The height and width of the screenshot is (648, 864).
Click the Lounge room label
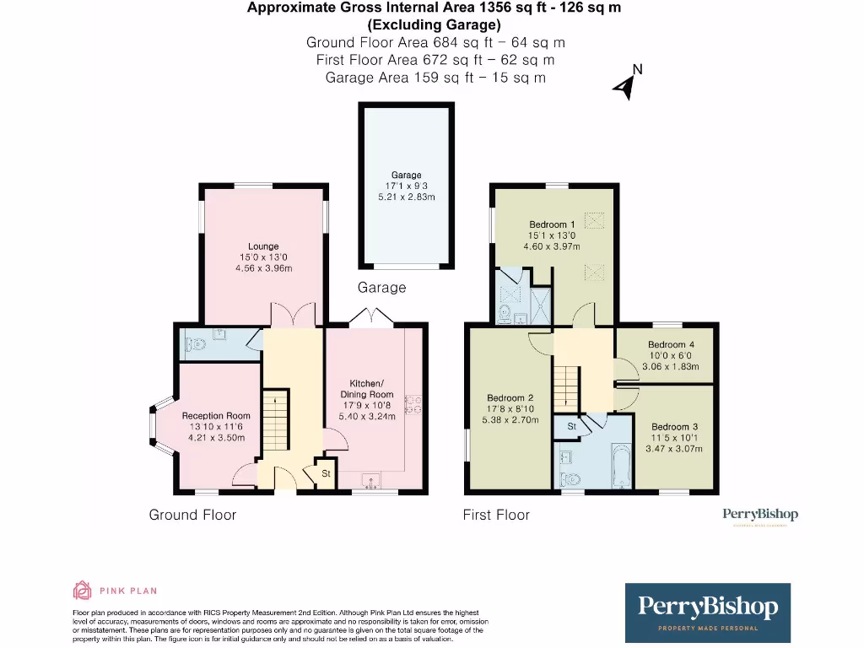point(263,246)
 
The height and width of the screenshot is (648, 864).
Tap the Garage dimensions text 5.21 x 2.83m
point(406,197)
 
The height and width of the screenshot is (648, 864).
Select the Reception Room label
point(216,415)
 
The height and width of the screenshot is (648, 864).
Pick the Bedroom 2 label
point(510,397)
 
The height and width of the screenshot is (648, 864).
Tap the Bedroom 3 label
point(674,427)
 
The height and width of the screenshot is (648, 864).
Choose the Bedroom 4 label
point(671,344)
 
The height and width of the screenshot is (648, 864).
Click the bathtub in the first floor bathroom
point(620,467)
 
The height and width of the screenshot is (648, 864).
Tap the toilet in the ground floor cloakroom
point(196,343)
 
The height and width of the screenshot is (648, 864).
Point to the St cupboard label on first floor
point(570,427)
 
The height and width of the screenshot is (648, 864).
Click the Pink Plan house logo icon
point(83,590)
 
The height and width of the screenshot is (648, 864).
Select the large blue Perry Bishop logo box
point(707,613)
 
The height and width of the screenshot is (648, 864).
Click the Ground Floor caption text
point(192,515)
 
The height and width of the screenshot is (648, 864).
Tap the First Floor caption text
point(496,515)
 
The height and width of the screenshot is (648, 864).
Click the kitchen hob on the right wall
point(413,406)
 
